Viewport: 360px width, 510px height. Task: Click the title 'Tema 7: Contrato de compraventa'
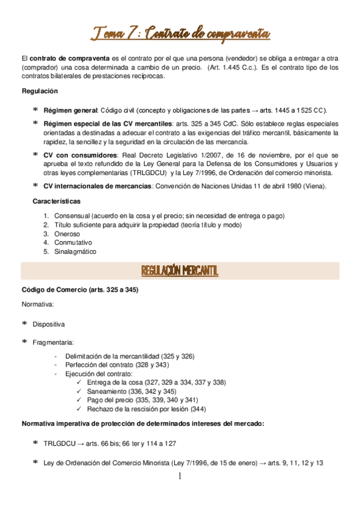click(180, 32)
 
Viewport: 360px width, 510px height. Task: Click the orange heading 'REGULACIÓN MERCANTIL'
click(180, 272)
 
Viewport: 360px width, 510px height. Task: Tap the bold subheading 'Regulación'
click(40, 91)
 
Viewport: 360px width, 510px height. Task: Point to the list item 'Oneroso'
click(68, 233)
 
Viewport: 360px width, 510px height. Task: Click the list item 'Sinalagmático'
click(75, 251)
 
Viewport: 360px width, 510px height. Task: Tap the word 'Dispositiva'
click(49, 324)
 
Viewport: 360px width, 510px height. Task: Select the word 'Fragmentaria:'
click(53, 342)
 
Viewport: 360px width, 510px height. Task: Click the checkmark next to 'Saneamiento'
click(81, 391)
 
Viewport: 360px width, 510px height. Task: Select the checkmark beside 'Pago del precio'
click(81, 400)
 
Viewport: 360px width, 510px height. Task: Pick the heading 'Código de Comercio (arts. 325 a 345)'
click(80, 290)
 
